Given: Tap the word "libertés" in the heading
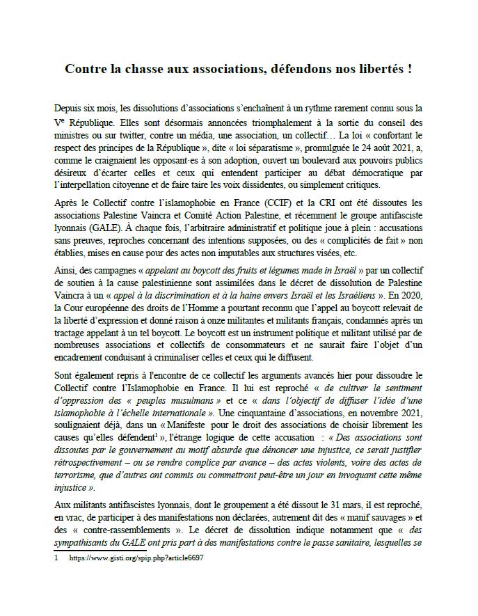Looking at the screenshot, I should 381,70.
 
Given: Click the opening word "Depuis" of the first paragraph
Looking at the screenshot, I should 69,108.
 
